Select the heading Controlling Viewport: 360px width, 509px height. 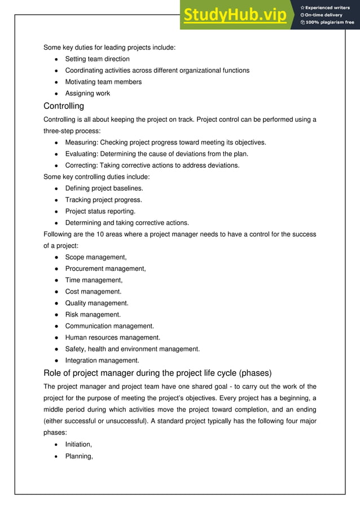(x=64, y=106)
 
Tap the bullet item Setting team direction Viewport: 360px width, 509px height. (x=97, y=59)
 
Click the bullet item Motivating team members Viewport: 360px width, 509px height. (x=103, y=82)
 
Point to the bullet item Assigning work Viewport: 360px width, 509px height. (x=87, y=94)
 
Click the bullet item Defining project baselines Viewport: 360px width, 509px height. (x=104, y=188)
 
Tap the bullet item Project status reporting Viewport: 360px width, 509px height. (x=100, y=211)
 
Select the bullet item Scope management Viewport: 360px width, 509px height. (x=96, y=257)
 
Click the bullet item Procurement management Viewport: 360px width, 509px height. (x=106, y=269)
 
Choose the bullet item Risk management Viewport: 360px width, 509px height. (x=93, y=315)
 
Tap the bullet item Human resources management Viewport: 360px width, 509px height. (x=112, y=337)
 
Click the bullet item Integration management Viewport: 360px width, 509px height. (x=102, y=361)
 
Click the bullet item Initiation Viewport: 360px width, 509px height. (x=78, y=445)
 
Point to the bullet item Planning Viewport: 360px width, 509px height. (x=79, y=456)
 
